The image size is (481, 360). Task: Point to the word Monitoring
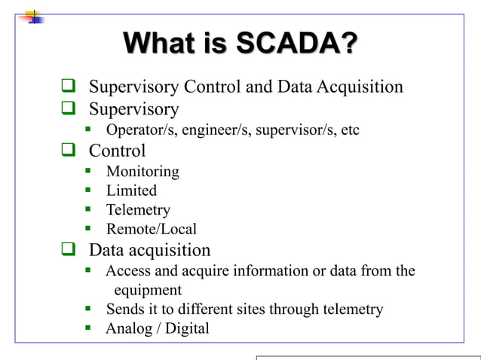[142, 172]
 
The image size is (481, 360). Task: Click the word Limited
[131, 191]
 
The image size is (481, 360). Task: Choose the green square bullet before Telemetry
[88, 210]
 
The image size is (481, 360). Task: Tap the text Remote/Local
[151, 230]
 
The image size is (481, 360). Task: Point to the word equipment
[148, 290]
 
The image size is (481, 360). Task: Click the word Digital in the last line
[186, 329]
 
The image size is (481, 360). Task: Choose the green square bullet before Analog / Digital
[88, 328]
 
